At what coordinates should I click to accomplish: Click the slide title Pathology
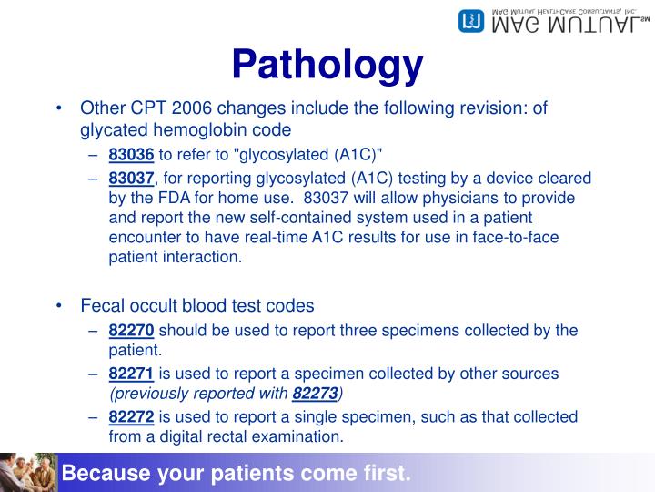pos(327,65)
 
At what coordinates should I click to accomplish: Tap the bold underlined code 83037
pos(132,178)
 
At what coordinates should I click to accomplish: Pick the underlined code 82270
pos(132,330)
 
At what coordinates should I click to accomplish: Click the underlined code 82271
pos(132,374)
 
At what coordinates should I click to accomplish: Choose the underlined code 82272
pos(132,416)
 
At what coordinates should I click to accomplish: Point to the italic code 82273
pos(315,393)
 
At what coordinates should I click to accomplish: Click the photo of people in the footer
pos(28,472)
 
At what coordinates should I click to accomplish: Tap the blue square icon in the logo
pos(470,21)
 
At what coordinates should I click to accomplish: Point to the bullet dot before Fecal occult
pos(59,307)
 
